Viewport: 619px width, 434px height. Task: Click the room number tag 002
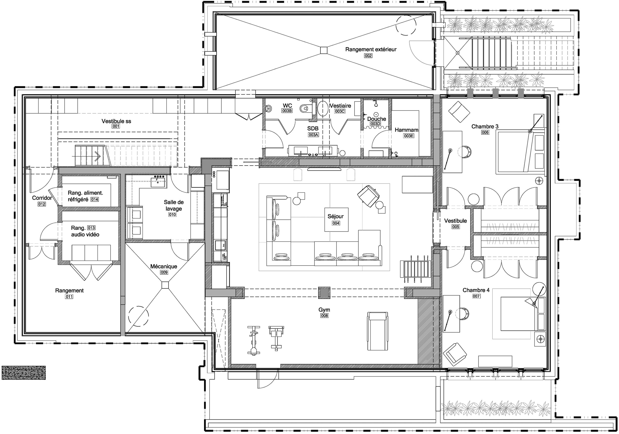point(368,56)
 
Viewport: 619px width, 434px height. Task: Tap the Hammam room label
point(406,130)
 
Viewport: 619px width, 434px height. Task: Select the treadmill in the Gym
point(377,331)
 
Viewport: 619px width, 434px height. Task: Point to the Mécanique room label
point(164,267)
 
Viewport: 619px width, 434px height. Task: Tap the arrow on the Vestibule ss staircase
point(97,156)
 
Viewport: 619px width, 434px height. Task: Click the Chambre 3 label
point(485,127)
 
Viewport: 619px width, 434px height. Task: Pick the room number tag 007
point(476,296)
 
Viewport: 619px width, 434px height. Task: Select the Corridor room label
point(42,198)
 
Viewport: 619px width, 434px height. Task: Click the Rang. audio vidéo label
point(85,231)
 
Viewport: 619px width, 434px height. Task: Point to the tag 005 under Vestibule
point(455,227)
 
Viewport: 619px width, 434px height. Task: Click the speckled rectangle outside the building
point(24,373)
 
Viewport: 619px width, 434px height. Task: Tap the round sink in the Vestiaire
point(323,109)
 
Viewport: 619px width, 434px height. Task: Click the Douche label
point(376,119)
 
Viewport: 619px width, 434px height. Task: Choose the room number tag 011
point(69,297)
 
